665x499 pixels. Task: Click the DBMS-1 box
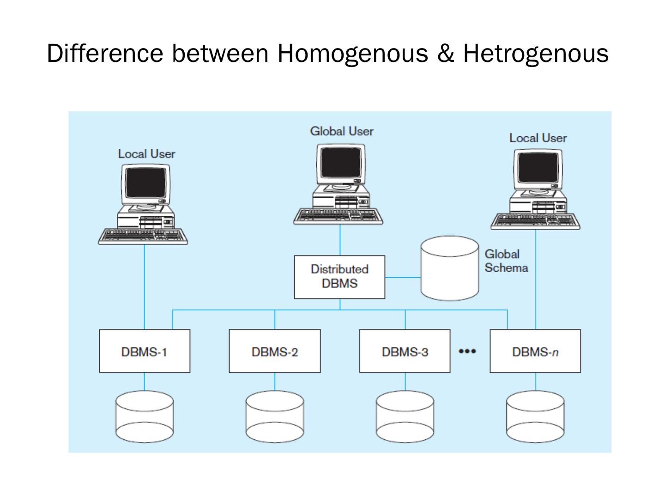[x=145, y=351]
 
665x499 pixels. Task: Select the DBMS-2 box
[x=275, y=351]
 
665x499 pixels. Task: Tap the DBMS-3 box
[x=405, y=351]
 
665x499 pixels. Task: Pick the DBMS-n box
[x=535, y=351]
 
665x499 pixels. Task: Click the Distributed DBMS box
[x=339, y=277]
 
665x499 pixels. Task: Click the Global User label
[x=342, y=131]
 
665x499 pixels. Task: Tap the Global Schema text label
[x=506, y=261]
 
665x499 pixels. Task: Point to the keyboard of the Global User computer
[x=339, y=216]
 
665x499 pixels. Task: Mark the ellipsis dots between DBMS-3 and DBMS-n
[x=467, y=352]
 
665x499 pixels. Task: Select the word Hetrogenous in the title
[x=536, y=53]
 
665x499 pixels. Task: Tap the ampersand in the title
[x=445, y=53]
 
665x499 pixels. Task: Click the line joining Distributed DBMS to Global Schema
[x=403, y=278]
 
